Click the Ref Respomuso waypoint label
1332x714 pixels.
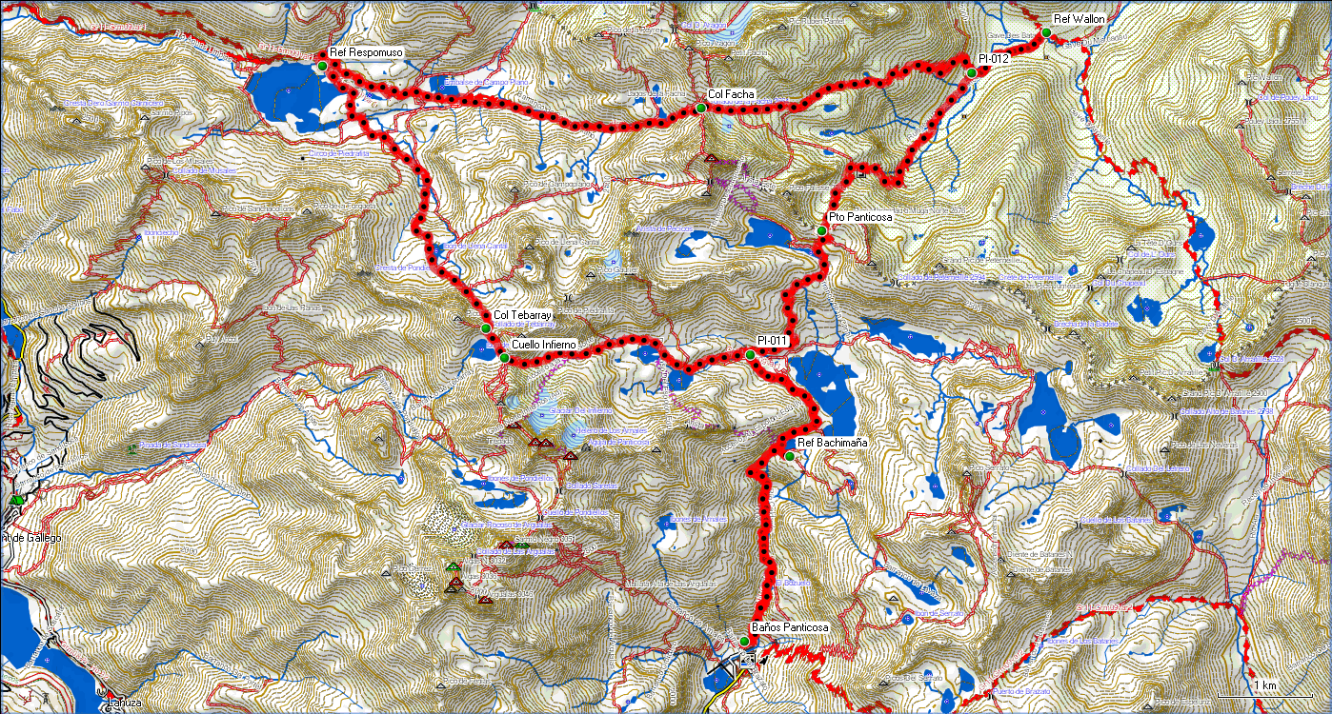pos(365,52)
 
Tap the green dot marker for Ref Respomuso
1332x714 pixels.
pos(322,65)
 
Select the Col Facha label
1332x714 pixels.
pos(732,95)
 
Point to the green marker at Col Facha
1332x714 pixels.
pos(700,109)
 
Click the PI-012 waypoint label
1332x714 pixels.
pos(994,59)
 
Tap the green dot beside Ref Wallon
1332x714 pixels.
pos(1046,32)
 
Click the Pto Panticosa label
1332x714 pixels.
pos(860,218)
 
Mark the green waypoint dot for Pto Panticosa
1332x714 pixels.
pos(821,230)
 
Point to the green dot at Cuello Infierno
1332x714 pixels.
pos(504,358)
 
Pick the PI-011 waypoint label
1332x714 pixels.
pos(772,341)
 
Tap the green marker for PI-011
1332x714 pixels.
pos(750,354)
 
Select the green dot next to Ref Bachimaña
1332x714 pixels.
pos(789,456)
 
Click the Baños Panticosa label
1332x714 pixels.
pos(790,628)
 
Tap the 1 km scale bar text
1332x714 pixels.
pos(1265,685)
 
